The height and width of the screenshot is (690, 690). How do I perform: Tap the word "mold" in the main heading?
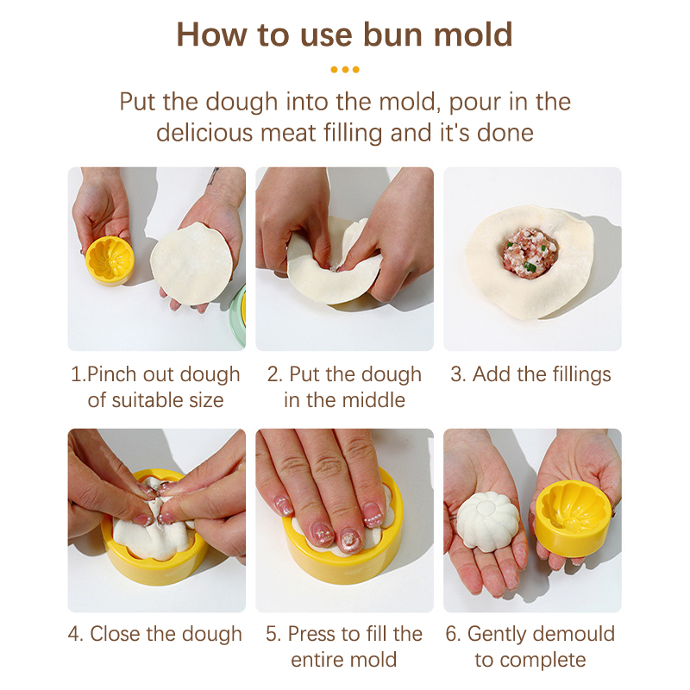473,34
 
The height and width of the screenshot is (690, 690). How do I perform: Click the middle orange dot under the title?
346,70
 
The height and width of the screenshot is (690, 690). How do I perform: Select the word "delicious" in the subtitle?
204,133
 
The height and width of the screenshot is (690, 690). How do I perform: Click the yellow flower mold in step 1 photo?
110,261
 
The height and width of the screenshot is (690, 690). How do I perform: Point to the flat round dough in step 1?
191,263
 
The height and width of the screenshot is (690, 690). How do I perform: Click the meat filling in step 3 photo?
530,250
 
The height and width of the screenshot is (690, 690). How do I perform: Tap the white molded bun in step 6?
488,521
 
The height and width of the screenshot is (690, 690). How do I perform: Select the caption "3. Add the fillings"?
530,374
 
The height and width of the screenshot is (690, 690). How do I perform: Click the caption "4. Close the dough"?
155,634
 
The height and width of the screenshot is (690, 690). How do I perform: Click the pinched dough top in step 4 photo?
155,499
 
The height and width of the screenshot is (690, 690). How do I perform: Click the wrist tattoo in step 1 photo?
214,175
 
